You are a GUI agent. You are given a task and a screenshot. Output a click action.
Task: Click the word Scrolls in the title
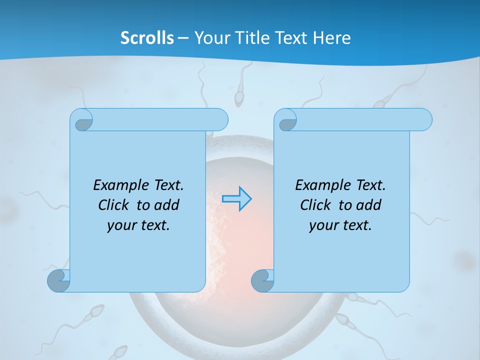(147, 38)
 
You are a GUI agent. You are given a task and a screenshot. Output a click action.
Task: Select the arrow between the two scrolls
(236, 199)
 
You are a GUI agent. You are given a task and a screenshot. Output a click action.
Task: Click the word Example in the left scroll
(118, 185)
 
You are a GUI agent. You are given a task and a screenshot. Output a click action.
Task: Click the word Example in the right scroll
(320, 185)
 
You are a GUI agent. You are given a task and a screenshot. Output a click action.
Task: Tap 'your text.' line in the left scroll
(138, 225)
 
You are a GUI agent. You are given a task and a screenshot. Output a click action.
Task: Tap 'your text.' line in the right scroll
(340, 225)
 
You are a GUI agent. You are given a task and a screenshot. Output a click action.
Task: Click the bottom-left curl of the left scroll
(59, 281)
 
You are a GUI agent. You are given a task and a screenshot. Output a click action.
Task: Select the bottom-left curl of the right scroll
(262, 281)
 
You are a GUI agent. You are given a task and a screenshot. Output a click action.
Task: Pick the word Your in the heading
(209, 38)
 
